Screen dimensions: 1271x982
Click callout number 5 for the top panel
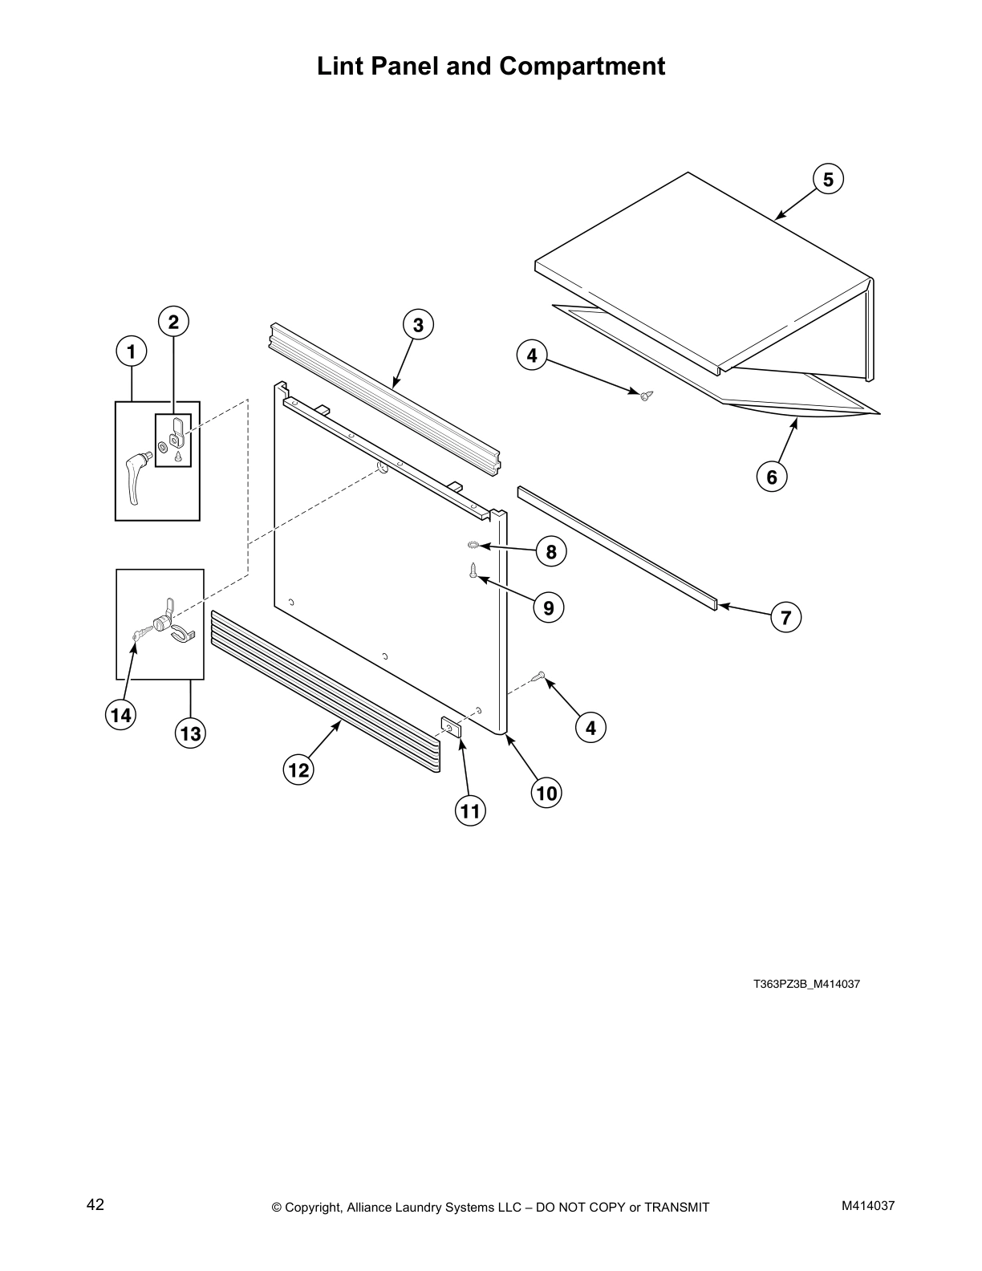828,180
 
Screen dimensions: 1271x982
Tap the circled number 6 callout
771,477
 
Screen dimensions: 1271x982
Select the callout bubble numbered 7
785,617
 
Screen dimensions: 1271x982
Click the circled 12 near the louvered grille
298,770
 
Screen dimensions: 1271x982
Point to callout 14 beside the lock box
120,714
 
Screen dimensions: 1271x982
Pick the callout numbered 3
417,325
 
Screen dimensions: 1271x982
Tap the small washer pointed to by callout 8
473,546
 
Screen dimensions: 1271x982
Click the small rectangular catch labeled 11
451,727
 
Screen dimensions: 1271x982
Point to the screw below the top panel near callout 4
645,394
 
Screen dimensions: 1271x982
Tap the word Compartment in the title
582,66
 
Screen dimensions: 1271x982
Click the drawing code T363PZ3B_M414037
806,984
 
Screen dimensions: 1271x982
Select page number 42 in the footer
95,1204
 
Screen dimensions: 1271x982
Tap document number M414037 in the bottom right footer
868,1205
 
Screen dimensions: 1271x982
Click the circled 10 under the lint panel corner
546,794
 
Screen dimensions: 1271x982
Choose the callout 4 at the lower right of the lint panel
590,728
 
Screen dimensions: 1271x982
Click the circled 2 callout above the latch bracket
172,322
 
